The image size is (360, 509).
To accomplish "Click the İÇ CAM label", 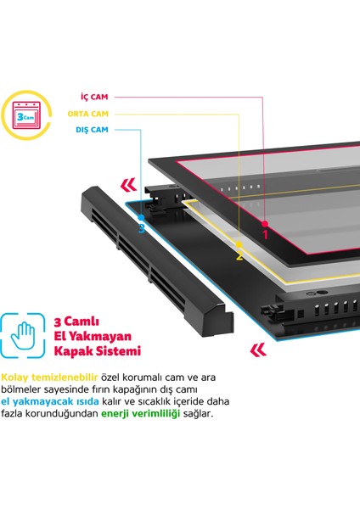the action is (x=94, y=97).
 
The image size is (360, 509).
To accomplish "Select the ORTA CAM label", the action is (x=87, y=114).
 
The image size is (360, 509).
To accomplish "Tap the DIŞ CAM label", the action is (x=92, y=130).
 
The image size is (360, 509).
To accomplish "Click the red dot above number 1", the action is (x=265, y=224).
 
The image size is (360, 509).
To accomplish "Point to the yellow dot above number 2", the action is (x=239, y=244).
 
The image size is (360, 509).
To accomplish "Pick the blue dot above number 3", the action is (x=141, y=217).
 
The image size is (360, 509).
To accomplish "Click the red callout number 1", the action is (x=265, y=234).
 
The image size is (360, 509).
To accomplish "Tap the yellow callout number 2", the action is (x=239, y=256).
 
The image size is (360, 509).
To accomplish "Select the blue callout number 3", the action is (x=141, y=228).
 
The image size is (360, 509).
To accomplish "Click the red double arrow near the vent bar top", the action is (x=128, y=185).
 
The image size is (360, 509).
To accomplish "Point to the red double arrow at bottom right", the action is (x=258, y=350).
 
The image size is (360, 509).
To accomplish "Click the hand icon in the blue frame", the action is (x=23, y=335).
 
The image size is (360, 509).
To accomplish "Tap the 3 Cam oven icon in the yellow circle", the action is (x=26, y=115).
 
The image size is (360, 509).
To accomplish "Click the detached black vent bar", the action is (x=157, y=262).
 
